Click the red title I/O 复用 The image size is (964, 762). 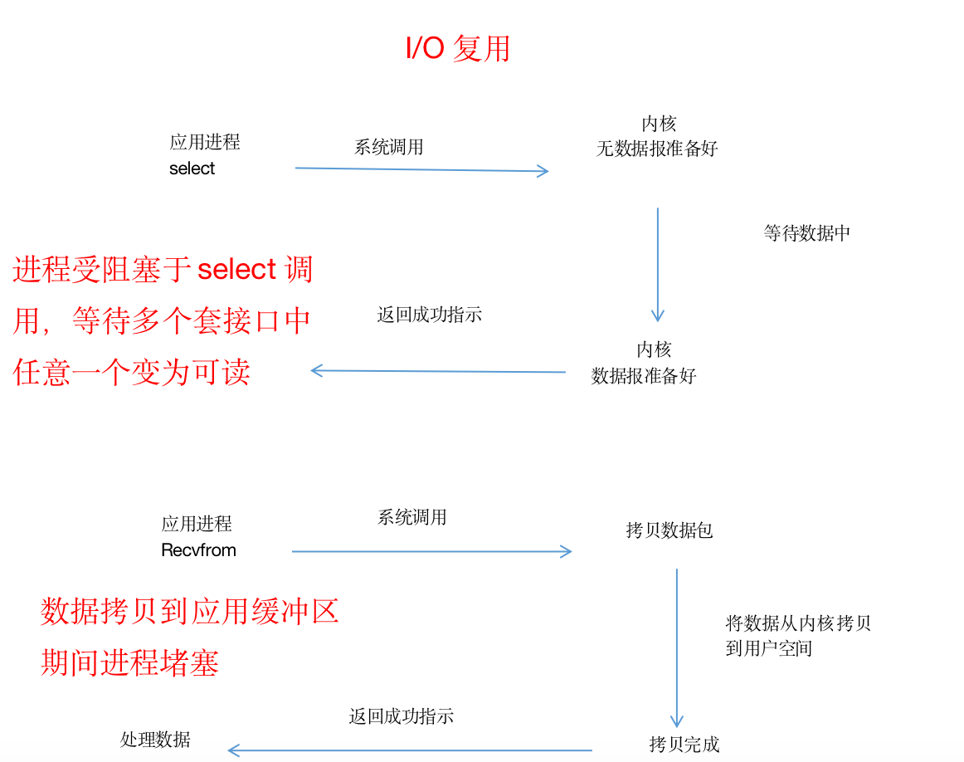457,49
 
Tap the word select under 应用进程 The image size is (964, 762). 192,169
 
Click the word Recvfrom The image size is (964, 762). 198,550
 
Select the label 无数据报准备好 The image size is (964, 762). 657,149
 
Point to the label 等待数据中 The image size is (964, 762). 806,233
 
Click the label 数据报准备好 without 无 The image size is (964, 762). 644,376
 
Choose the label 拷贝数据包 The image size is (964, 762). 669,530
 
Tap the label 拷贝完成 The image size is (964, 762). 684,745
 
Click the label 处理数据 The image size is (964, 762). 155,740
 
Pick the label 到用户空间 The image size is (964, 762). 768,648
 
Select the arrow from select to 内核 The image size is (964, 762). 421,170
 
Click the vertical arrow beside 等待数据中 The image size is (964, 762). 658,264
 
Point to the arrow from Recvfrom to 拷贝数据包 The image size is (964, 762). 431,551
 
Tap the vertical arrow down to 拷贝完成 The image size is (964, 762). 676,647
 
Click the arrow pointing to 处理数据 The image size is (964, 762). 410,750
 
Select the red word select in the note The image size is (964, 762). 236,270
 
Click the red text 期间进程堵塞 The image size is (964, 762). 130,662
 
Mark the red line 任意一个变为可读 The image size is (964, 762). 132,372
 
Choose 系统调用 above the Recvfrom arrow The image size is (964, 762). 412,517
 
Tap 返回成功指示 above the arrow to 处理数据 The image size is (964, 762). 402,716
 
